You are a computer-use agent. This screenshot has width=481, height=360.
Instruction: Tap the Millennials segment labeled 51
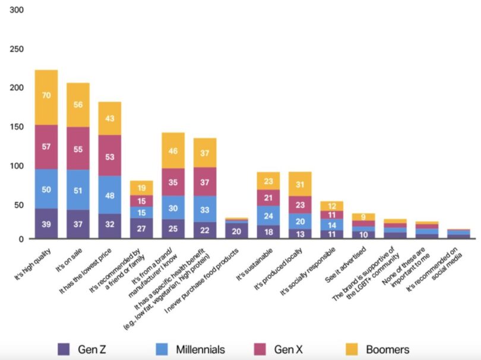click(78, 190)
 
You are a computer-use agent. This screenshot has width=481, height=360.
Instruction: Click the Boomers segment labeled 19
click(141, 188)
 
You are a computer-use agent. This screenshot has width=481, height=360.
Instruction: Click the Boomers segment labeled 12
click(331, 206)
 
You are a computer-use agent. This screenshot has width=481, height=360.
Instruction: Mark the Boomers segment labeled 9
click(363, 217)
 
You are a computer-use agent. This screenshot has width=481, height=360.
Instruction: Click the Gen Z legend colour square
click(64, 349)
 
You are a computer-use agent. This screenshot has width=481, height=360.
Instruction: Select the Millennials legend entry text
click(200, 349)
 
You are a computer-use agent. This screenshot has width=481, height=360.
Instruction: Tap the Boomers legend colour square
click(353, 349)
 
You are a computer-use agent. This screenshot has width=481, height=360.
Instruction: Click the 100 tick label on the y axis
click(17, 165)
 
